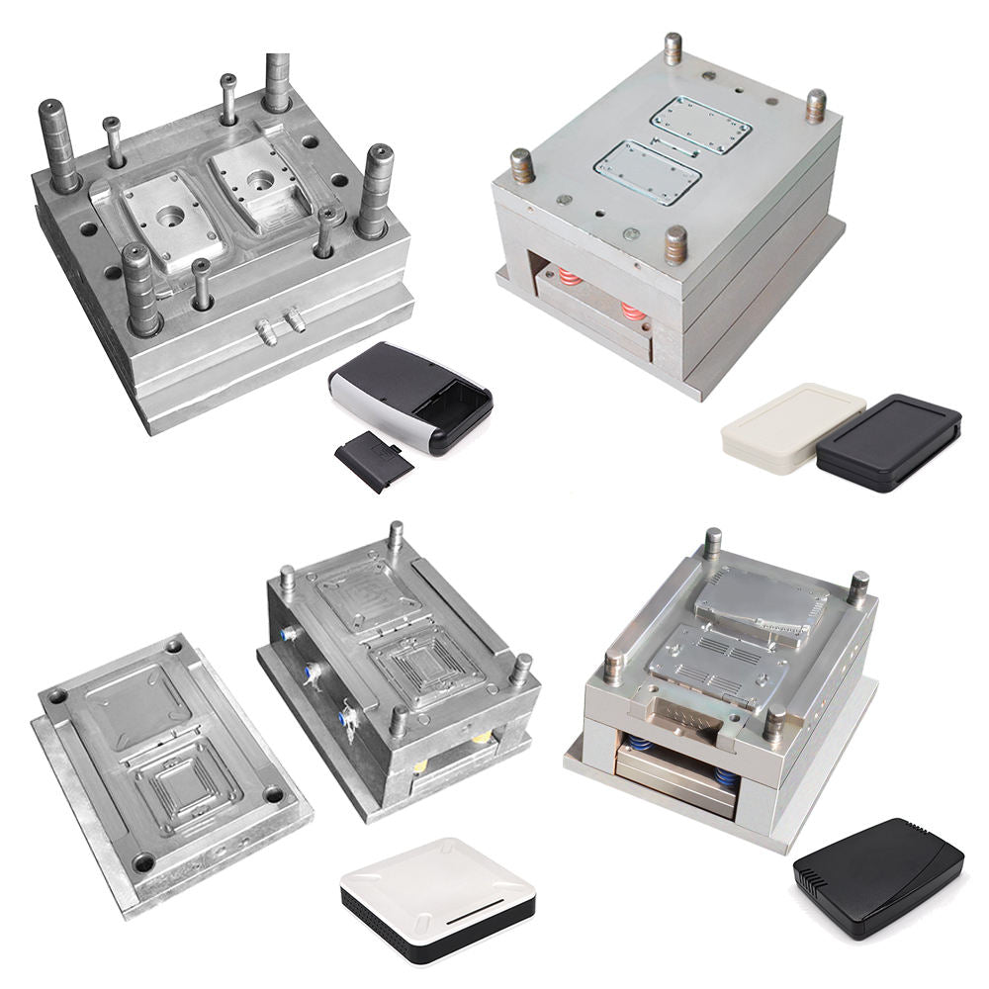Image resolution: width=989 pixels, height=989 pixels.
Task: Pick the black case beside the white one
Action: (x=888, y=442)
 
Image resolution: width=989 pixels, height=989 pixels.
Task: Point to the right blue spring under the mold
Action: (x=724, y=777)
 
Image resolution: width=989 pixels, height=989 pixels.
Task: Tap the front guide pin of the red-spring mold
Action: (x=675, y=242)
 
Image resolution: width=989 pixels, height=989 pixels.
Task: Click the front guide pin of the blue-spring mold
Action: (x=775, y=722)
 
